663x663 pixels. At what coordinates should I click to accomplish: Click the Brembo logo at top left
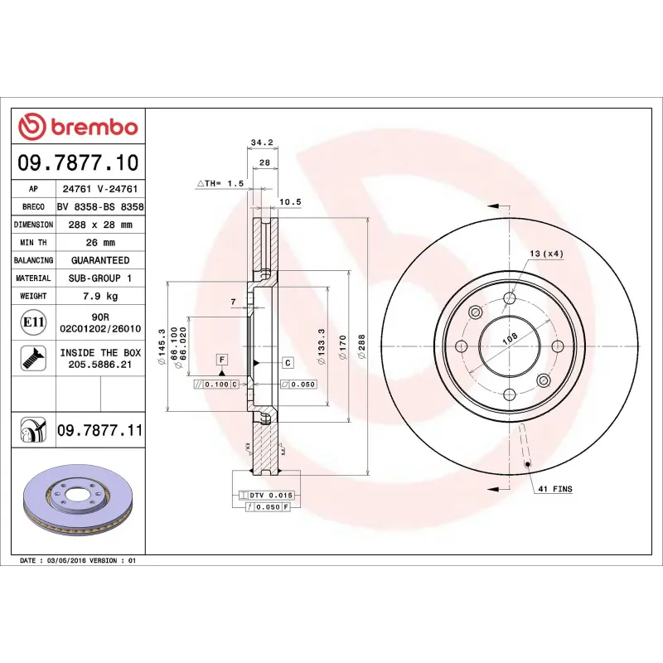(78, 127)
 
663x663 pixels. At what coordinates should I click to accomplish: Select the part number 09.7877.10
(79, 162)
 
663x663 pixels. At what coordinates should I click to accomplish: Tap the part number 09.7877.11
(100, 431)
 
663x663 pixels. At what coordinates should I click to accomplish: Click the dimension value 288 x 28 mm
(99, 225)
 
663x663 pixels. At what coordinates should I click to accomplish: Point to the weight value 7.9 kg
(99, 296)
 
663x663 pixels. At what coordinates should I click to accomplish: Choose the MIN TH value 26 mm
(99, 243)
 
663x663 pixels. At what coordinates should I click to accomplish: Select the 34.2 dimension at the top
(261, 143)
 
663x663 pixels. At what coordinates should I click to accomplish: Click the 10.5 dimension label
(289, 201)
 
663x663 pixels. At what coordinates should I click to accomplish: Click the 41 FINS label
(554, 490)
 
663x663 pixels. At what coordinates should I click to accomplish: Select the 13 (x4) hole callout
(546, 254)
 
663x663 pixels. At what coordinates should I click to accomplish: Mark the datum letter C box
(288, 363)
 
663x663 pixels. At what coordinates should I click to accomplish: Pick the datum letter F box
(221, 359)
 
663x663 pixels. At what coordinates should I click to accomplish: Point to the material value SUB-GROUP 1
(99, 278)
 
